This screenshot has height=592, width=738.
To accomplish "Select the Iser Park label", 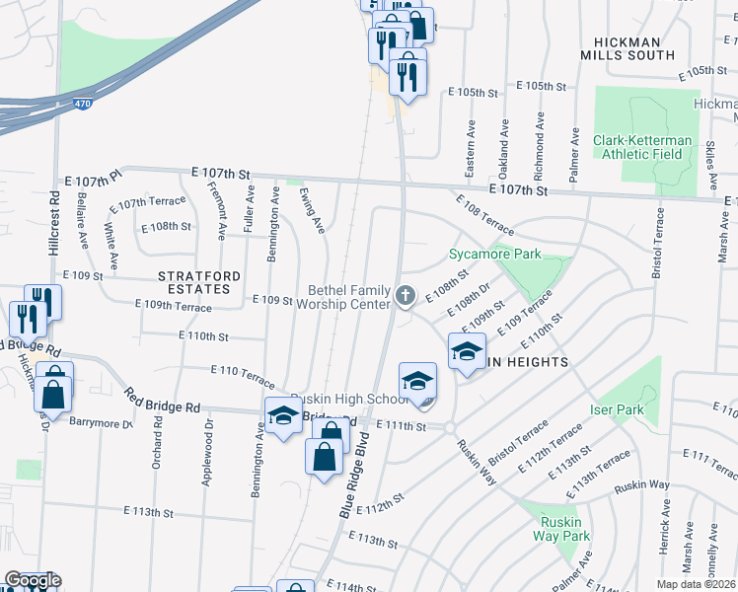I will point(617,409).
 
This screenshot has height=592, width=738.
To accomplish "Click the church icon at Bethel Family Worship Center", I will point(405,295).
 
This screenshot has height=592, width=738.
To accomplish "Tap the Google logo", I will point(33,580).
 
